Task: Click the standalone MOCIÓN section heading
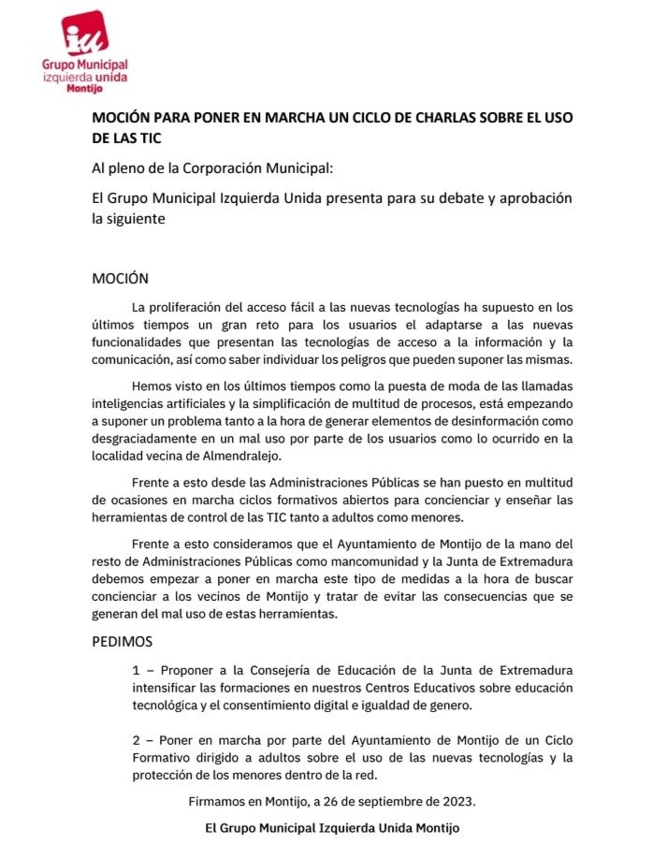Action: tap(120, 278)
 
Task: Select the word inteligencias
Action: tap(135, 404)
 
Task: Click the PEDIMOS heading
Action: tap(122, 642)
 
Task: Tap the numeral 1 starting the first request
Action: tap(136, 671)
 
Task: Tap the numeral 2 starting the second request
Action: tap(137, 740)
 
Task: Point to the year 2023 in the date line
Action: tap(457, 802)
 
